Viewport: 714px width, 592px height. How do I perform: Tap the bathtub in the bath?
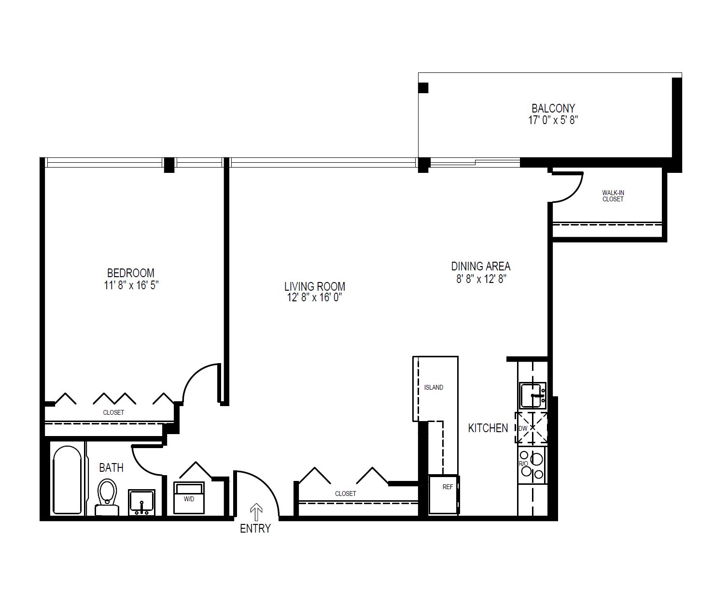coord(68,479)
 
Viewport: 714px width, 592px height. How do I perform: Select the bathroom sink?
coord(141,502)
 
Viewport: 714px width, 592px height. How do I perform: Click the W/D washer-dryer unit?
coord(189,498)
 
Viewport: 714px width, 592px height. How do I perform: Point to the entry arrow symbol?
coord(256,512)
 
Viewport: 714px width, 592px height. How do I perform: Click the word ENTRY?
coord(255,528)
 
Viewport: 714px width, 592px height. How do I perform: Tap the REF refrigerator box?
coord(444,494)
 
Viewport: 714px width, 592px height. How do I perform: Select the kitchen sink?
coord(532,395)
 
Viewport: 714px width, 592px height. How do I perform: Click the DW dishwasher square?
coord(532,427)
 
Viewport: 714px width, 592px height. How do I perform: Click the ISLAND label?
coord(434,387)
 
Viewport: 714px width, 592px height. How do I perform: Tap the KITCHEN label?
coord(488,428)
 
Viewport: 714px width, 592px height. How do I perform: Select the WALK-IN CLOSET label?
coord(613,196)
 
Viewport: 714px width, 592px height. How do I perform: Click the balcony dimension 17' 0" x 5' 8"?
coord(553,120)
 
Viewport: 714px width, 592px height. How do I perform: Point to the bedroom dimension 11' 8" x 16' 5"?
coord(131,285)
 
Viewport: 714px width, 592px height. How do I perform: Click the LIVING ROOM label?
coord(315,286)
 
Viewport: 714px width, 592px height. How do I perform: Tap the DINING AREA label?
coord(480,266)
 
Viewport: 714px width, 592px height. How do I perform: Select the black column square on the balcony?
coord(423,88)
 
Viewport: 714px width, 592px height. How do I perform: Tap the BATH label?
coord(111,467)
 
